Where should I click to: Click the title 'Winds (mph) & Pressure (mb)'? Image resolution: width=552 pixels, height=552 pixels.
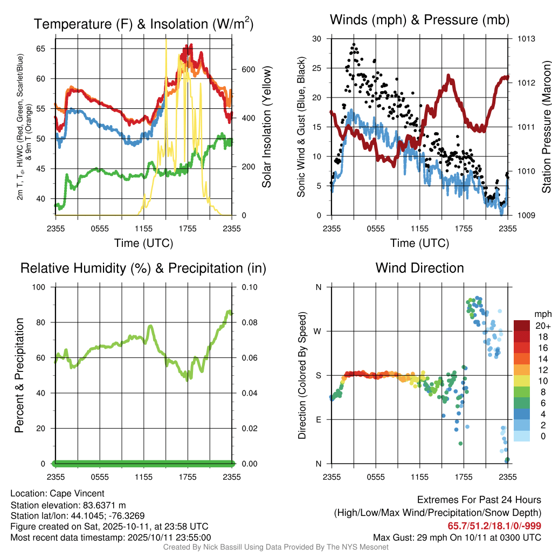[x=419, y=20]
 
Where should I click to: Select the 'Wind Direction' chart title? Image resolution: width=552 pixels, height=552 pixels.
[x=419, y=268]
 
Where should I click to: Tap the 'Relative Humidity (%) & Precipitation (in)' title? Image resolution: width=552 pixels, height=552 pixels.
[x=143, y=268]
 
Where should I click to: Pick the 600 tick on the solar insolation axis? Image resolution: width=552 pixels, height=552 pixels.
[x=247, y=70]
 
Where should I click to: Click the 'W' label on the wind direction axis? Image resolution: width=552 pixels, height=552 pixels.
[x=318, y=331]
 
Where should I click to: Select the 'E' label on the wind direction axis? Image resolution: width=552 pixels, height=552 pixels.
[x=318, y=419]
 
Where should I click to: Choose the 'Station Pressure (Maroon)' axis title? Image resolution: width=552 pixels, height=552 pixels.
[x=546, y=127]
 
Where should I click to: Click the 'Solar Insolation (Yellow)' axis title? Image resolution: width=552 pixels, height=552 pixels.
[x=266, y=127]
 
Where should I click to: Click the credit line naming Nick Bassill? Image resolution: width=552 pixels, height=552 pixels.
[x=275, y=547]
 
